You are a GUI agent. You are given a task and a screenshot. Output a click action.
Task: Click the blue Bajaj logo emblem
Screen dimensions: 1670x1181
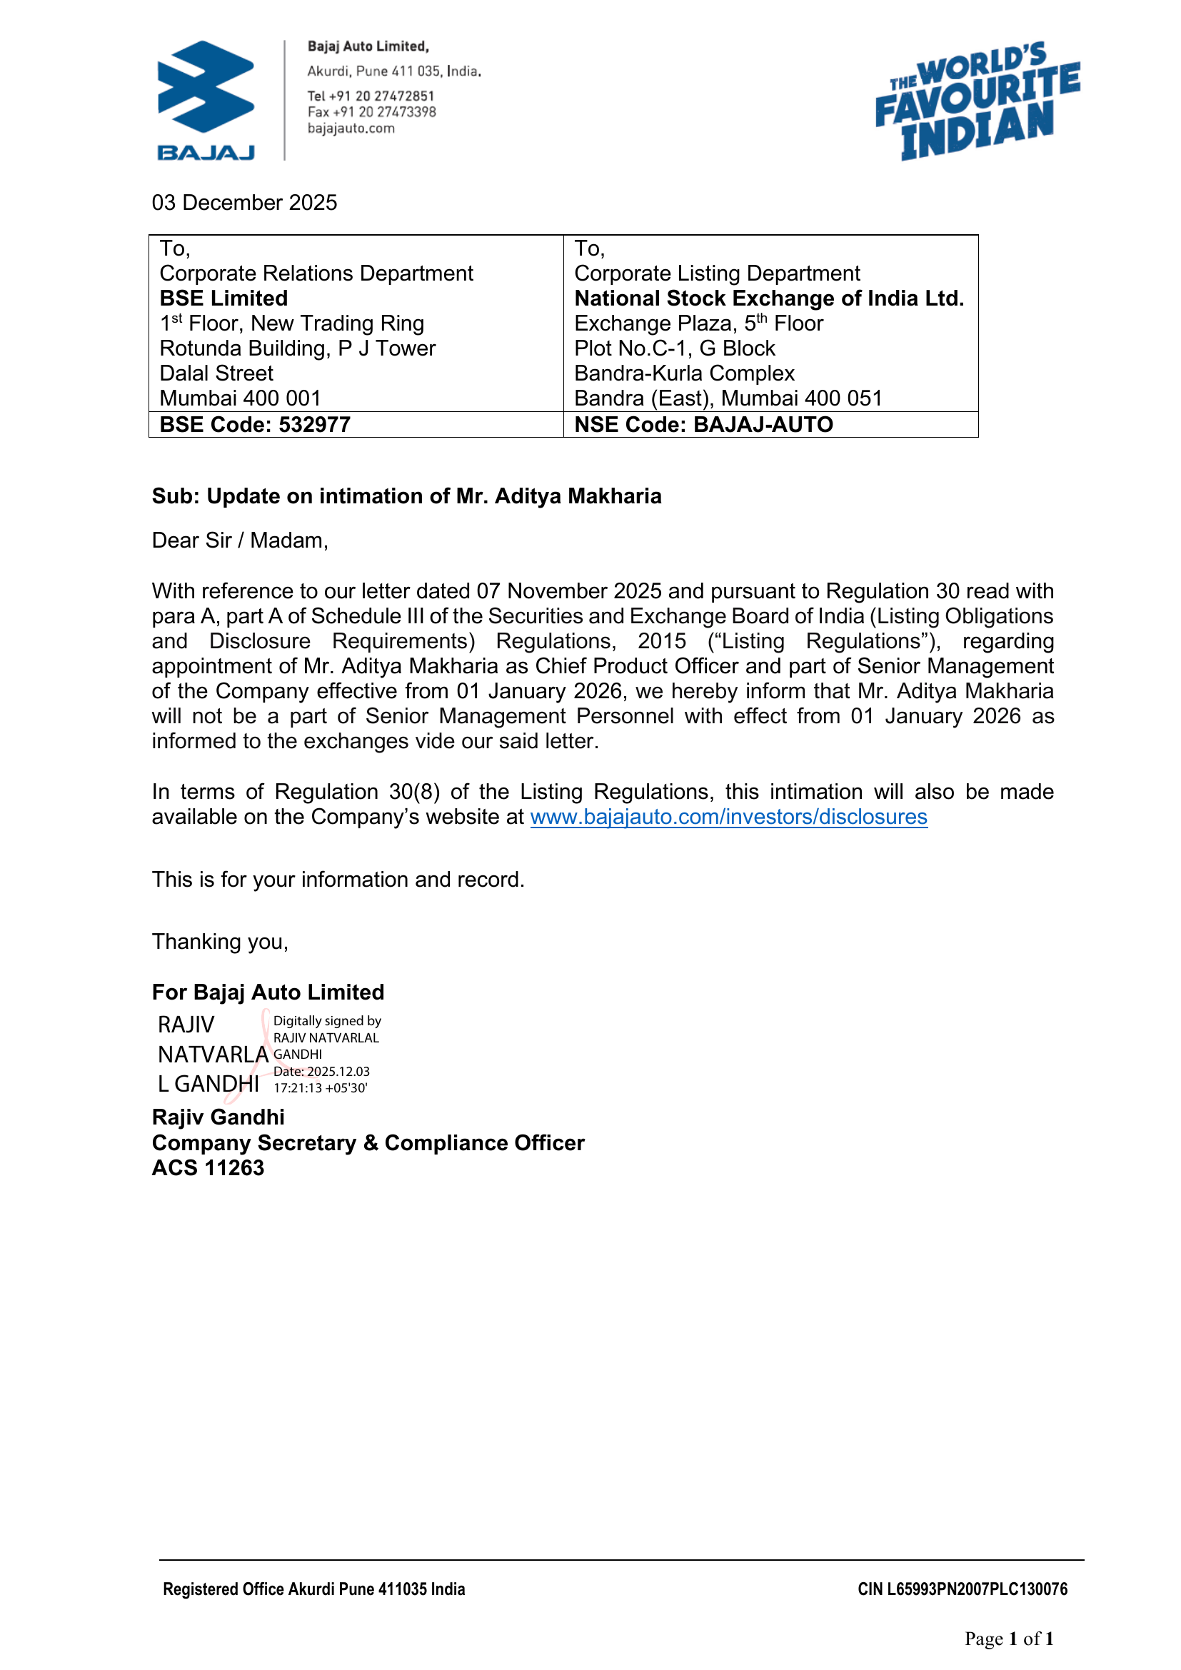click(206, 87)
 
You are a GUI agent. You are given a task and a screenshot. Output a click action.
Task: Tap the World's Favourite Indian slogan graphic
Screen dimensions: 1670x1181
click(977, 101)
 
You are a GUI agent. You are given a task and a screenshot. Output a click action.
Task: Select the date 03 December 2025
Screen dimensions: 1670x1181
click(244, 202)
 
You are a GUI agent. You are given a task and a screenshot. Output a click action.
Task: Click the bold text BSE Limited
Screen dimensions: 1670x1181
click(223, 298)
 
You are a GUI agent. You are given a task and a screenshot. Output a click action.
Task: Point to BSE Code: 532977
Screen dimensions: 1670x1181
click(254, 425)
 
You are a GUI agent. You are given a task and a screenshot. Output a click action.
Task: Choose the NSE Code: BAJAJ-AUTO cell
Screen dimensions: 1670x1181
click(703, 425)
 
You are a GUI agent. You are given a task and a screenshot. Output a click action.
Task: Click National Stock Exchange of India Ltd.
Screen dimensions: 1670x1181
click(769, 298)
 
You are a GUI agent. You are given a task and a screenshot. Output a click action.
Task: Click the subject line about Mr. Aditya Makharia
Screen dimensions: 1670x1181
click(406, 496)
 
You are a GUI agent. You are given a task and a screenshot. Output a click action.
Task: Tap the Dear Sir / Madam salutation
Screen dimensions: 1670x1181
click(240, 540)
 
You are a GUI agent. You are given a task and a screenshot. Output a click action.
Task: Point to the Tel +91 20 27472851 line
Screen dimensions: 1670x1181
click(370, 96)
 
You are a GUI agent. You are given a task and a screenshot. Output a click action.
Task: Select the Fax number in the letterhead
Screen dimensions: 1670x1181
click(371, 112)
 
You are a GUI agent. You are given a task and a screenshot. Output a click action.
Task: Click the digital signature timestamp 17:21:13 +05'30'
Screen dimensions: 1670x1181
click(320, 1088)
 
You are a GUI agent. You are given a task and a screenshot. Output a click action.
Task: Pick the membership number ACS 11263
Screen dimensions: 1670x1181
click(208, 1167)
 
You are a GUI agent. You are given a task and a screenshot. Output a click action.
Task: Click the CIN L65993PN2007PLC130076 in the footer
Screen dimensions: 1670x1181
click(962, 1589)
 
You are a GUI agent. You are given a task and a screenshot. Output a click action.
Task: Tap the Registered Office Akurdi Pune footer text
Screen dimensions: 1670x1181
click(313, 1589)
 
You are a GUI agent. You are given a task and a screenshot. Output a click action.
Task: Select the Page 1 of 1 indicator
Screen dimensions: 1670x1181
click(1009, 1638)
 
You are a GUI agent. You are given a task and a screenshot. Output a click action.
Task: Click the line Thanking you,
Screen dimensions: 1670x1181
click(220, 942)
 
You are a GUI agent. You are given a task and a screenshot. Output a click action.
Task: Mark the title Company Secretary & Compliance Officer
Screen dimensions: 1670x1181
click(368, 1142)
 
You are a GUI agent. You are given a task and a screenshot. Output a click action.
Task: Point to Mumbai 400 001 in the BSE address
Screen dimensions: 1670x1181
click(240, 398)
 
